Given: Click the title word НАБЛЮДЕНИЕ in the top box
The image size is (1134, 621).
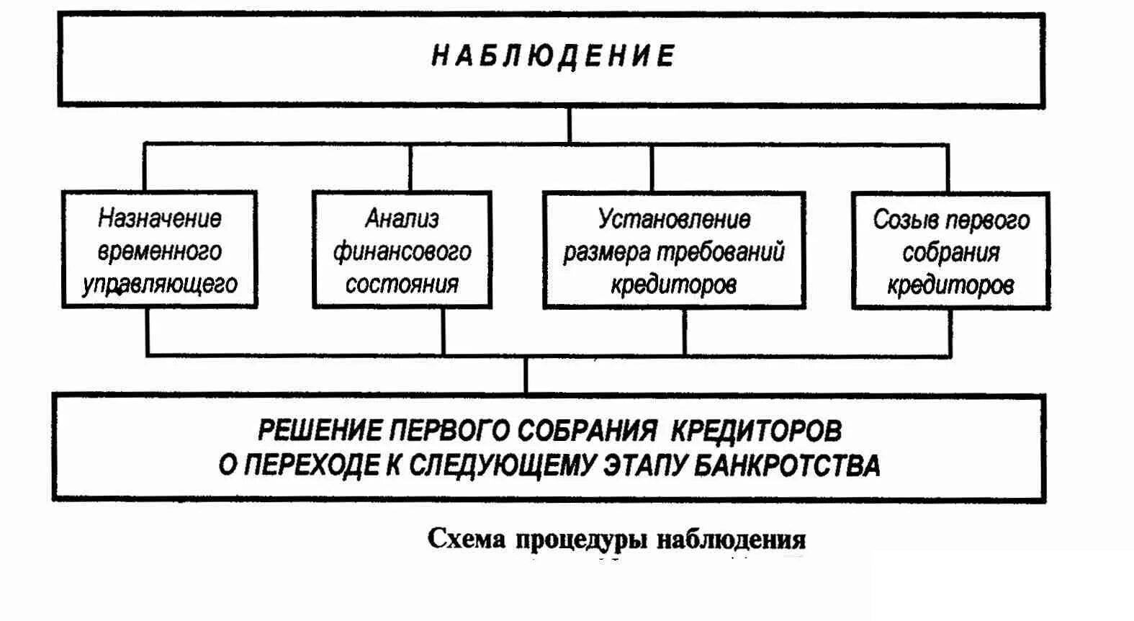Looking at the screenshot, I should point(553,56).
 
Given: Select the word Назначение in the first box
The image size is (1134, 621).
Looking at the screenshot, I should point(160,218).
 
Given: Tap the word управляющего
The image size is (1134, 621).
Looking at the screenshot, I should point(160,284).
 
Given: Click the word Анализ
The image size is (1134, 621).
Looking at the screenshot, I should point(402,218).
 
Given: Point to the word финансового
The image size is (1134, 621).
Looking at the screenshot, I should point(402,251).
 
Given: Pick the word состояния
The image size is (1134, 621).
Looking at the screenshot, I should point(402,284).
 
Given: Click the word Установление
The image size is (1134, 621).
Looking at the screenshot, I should point(674,218).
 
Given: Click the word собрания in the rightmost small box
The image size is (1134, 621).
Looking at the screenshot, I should point(950,253).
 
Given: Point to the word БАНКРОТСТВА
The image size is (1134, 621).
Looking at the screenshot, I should point(787,465).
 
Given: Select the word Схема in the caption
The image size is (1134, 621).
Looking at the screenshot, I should point(467,539).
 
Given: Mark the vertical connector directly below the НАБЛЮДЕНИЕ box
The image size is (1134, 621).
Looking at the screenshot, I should point(569,125).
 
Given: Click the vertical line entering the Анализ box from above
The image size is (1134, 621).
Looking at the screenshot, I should point(410,167).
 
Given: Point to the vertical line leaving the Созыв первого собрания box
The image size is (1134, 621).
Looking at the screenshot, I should point(950,332).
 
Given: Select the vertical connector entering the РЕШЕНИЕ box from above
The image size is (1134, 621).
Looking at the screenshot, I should point(526,375).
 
